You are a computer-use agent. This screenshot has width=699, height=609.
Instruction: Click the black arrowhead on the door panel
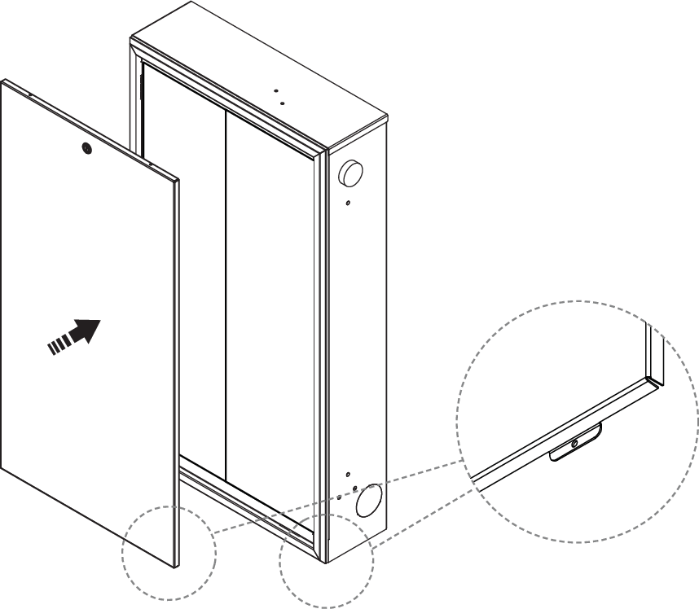87,331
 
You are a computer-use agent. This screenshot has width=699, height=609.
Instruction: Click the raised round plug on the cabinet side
352,172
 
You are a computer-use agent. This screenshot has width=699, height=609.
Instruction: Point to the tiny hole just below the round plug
348,203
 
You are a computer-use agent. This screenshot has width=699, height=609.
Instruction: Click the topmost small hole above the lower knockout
348,473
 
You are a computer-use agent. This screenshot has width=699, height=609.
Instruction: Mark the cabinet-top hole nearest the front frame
281,103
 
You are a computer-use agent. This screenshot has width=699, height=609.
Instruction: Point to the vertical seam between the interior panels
226,285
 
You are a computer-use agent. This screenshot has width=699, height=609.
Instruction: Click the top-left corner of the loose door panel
4,81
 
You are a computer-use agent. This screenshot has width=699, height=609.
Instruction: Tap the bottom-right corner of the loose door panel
176,565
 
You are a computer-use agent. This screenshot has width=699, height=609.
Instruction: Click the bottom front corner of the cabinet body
328,562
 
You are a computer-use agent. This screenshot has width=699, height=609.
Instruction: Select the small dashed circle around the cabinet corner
327,561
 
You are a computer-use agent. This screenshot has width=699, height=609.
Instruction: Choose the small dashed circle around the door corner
169,554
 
